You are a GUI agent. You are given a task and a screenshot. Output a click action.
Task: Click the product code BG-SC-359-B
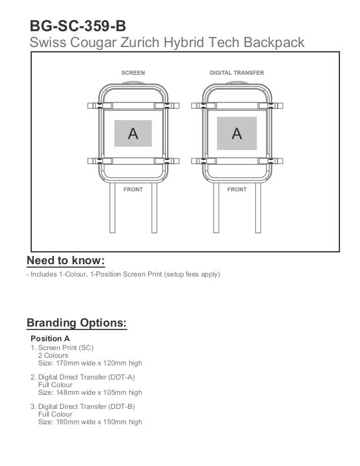(78, 26)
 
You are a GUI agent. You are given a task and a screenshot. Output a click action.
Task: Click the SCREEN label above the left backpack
(133, 73)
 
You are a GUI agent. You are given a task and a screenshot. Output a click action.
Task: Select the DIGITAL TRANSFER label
(237, 73)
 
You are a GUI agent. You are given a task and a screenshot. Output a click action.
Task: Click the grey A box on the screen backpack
(133, 134)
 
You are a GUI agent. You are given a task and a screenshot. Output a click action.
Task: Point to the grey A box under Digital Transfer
(237, 134)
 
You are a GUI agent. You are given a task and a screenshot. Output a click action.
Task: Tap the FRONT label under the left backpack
(133, 189)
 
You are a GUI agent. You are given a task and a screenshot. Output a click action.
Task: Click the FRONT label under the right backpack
(237, 189)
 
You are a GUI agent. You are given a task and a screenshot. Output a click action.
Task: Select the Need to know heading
(66, 261)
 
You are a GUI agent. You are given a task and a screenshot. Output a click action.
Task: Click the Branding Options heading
(77, 323)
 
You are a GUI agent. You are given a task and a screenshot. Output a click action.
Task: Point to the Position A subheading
(50, 339)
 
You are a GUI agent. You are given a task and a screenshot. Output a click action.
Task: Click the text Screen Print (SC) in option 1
(66, 348)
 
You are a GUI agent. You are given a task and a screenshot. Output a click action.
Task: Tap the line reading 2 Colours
(53, 355)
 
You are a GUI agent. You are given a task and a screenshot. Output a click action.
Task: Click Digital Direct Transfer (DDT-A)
(86, 377)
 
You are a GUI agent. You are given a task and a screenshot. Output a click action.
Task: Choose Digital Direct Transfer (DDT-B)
(86, 407)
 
